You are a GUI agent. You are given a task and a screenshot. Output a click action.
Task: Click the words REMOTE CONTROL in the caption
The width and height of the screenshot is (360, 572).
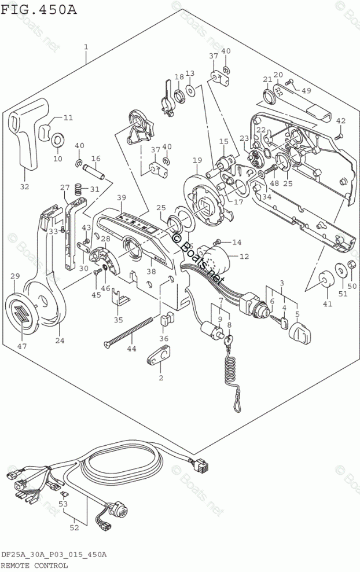[35, 564]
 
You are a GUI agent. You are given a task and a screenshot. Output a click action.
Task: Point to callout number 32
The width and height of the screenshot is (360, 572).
[24, 186]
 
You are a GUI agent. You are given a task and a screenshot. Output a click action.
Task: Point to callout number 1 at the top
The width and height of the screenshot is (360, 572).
[86, 46]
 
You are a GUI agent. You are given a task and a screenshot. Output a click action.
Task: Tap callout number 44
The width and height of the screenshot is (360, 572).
[131, 349]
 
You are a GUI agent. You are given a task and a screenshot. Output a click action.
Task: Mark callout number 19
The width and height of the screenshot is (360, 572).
[197, 160]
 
